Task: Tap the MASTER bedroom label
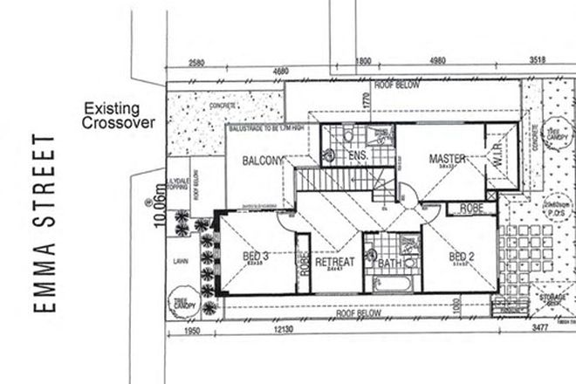point(447,159)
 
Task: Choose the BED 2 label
point(461,256)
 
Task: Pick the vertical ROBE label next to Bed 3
point(304,262)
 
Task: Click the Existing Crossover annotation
point(120,117)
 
